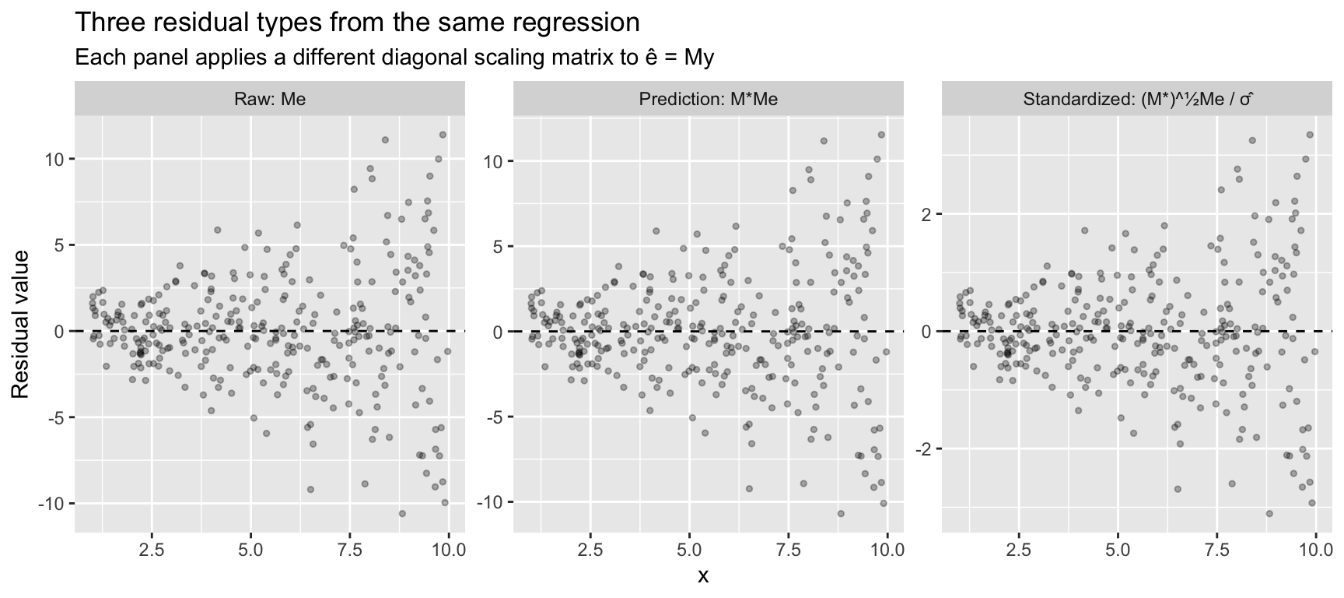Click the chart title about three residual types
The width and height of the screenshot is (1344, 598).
357,23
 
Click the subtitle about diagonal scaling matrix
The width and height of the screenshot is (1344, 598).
394,58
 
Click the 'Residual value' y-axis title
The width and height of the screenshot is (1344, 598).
21,324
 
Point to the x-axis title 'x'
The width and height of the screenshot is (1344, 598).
703,576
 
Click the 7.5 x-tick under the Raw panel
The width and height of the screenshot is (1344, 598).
350,549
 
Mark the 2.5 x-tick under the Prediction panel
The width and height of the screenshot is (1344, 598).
590,549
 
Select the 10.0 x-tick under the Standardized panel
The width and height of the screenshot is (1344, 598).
1315,549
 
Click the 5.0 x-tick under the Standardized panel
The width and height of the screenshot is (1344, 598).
1118,549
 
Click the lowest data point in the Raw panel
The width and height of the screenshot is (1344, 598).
402,513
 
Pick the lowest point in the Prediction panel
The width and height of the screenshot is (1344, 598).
841,513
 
